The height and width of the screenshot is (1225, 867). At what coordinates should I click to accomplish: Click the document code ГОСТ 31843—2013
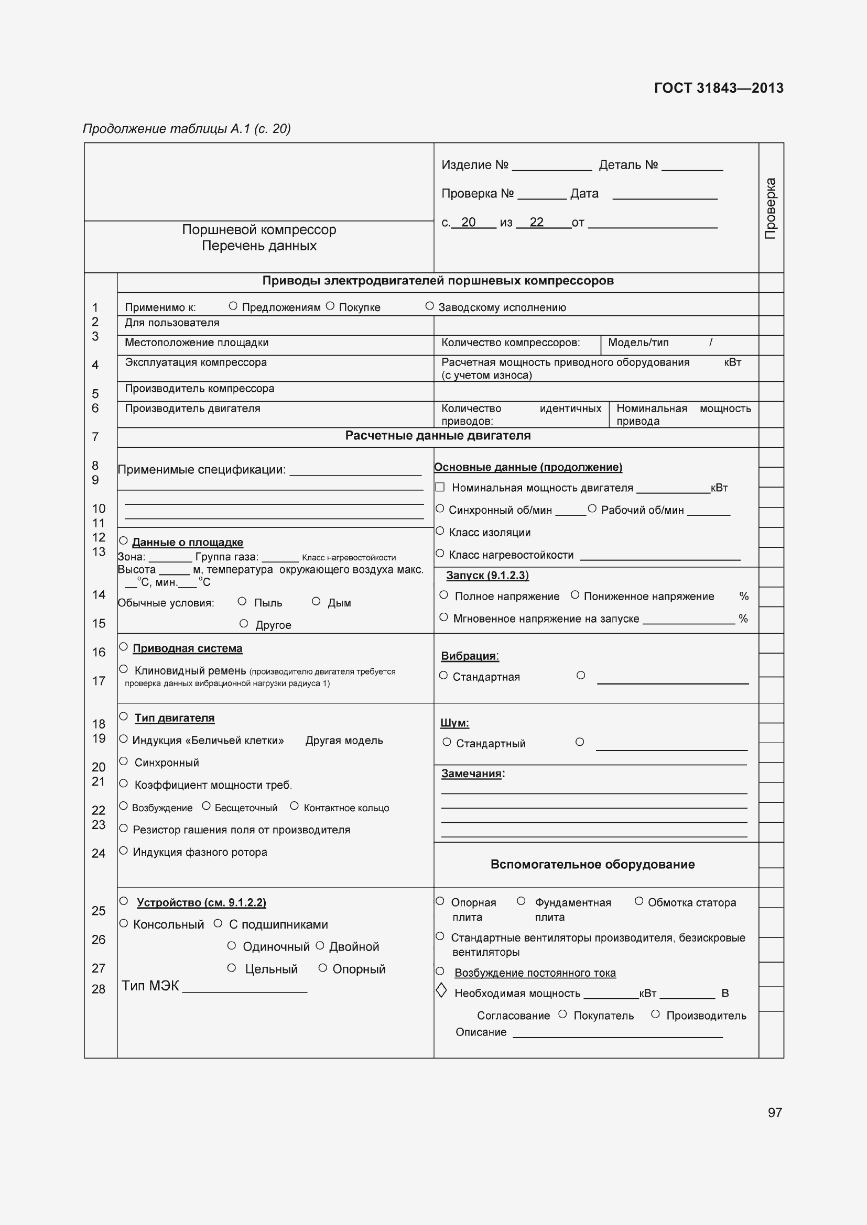[718, 88]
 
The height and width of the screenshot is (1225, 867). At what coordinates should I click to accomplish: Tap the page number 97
[775, 1112]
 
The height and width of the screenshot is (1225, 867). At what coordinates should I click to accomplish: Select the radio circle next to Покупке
[330, 306]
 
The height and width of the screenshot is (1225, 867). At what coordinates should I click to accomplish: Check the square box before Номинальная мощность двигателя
[440, 487]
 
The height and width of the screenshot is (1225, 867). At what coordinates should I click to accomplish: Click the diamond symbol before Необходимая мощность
[441, 991]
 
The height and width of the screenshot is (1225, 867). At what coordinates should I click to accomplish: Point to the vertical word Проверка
[771, 208]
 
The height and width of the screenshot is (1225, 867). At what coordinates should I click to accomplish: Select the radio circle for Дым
[316, 601]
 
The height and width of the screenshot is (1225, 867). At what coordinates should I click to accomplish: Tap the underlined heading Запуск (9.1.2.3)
[487, 575]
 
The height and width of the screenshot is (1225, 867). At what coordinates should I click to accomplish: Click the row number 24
[98, 853]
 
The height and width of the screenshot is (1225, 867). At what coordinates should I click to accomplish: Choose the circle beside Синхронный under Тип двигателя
[123, 762]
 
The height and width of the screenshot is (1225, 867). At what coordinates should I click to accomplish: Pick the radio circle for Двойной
[320, 945]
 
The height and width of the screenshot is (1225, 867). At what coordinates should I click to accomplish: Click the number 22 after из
[536, 222]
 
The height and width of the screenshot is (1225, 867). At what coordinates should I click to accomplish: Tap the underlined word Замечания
[471, 774]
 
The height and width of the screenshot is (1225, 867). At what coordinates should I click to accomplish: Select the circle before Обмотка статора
[638, 901]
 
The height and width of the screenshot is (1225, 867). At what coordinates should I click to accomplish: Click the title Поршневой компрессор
[259, 230]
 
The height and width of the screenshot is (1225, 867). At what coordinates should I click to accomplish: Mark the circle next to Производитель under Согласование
[655, 1014]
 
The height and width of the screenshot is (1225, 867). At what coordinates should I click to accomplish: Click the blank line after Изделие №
[551, 168]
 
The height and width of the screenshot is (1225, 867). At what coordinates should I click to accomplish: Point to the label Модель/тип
[638, 343]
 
